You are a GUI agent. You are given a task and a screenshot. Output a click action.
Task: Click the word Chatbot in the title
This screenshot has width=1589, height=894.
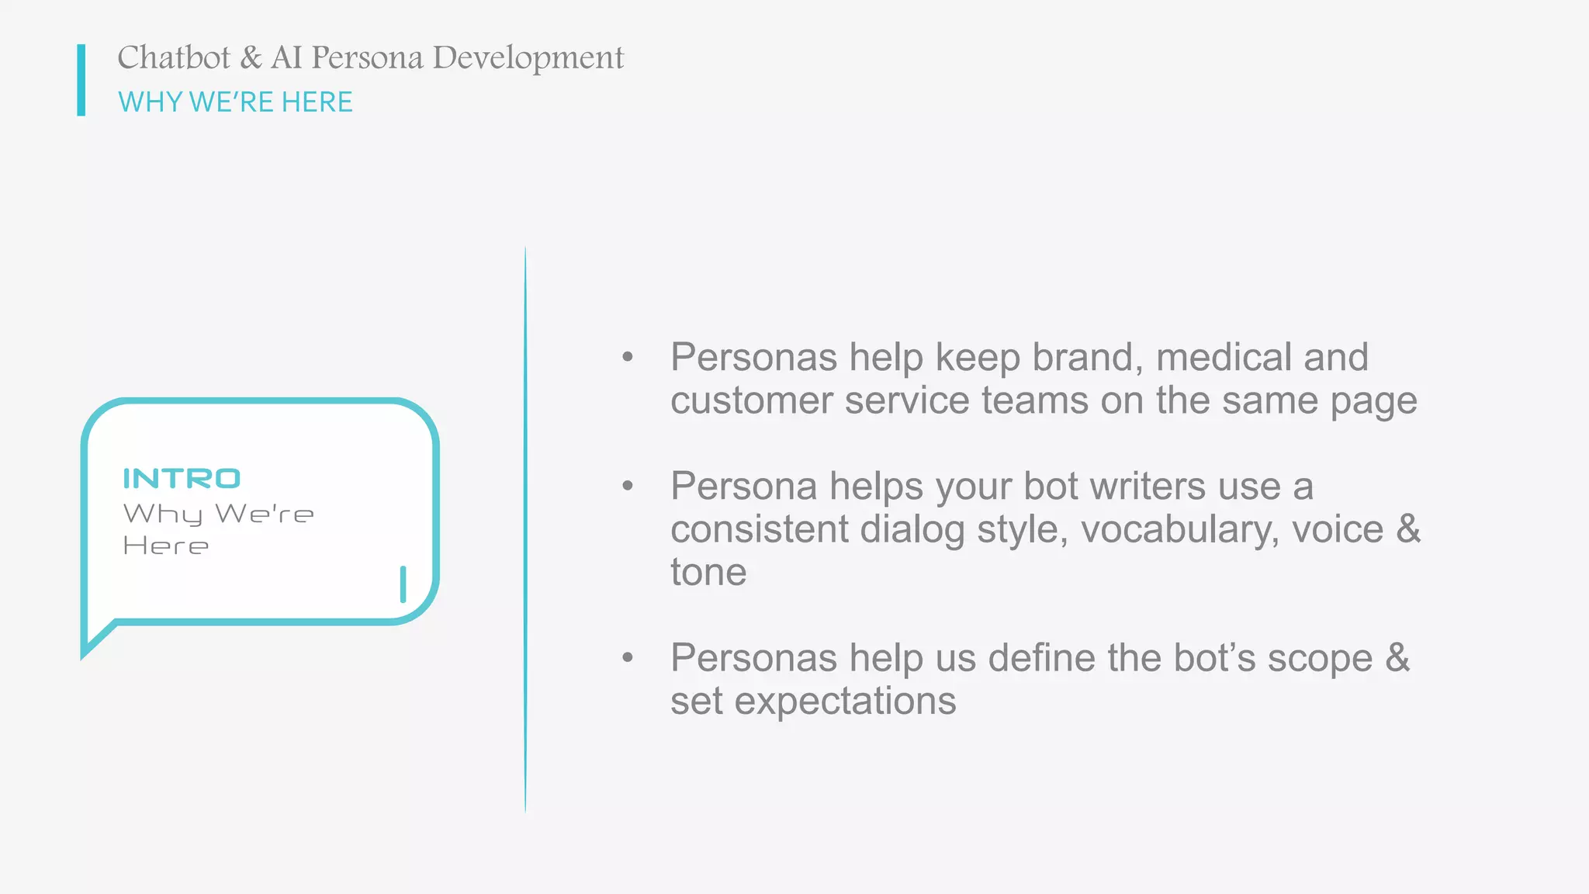[x=174, y=58]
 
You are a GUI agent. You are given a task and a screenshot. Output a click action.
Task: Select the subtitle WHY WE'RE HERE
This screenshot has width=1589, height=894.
[x=235, y=102]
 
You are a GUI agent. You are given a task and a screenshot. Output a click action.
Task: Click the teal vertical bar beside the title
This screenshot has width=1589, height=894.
[x=81, y=80]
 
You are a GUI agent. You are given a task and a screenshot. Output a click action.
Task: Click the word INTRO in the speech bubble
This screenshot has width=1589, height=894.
[x=182, y=479]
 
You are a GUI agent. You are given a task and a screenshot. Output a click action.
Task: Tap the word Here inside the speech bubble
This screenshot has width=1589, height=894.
[x=165, y=546]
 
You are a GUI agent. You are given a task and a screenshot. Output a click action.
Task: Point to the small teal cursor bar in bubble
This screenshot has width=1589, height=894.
[x=403, y=584]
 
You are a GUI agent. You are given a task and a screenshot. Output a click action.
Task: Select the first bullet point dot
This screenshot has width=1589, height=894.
[x=628, y=358]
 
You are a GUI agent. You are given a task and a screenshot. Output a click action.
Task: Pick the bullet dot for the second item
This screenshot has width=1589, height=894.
[x=628, y=487]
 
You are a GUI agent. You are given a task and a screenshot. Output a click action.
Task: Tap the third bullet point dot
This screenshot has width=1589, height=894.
[x=628, y=658]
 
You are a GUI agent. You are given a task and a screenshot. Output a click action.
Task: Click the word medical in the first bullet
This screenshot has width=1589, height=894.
[x=1223, y=358]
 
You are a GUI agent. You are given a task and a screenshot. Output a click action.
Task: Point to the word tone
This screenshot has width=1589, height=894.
[x=708, y=573]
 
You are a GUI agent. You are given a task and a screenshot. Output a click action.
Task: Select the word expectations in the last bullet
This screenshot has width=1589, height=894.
[x=845, y=702]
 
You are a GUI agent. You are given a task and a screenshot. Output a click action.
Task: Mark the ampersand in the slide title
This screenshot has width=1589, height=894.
[x=251, y=58]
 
